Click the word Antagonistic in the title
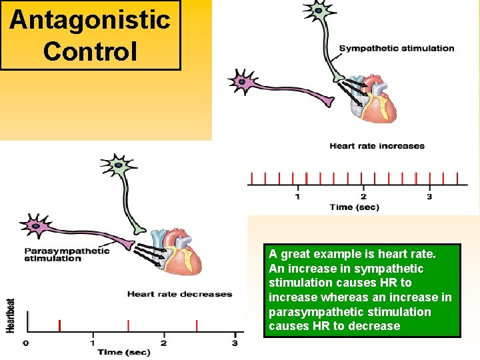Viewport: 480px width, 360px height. pyautogui.click(x=90, y=20)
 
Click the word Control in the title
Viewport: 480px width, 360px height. pyautogui.click(x=90, y=51)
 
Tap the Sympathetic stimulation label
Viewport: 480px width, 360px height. pyautogui.click(x=397, y=48)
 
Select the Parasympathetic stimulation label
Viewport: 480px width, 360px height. pyautogui.click(x=67, y=255)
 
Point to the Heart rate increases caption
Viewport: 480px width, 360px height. pyautogui.click(x=377, y=146)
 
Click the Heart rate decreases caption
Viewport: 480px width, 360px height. pyautogui.click(x=179, y=294)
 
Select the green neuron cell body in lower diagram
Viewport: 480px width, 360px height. pyautogui.click(x=118, y=164)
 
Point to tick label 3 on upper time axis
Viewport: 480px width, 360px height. pyautogui.click(x=429, y=197)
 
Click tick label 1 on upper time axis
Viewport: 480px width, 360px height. pyautogui.click(x=297, y=197)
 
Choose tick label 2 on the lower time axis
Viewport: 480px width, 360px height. pyautogui.click(x=163, y=343)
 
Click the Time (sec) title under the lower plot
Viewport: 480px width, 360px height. pyautogui.click(x=125, y=352)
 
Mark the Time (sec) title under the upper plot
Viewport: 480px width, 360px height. pyautogui.click(x=354, y=207)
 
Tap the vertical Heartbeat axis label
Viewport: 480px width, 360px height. pyautogui.click(x=11, y=315)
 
